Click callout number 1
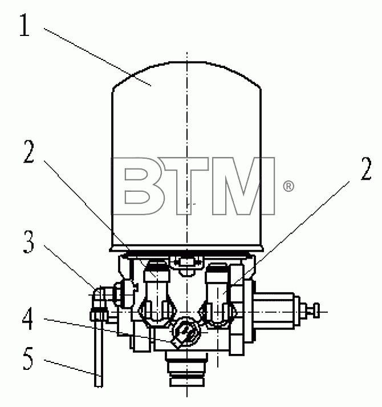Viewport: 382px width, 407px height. pos(25,25)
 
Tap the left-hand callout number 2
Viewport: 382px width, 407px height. pos(29,151)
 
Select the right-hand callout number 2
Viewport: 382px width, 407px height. pos(366,168)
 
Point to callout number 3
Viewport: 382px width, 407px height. pos(29,241)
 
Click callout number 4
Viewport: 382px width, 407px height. pos(28,318)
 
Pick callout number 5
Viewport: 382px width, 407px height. pos(28,358)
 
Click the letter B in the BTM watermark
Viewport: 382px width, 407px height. pos(138,186)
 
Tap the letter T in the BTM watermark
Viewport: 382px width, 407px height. pos(186,186)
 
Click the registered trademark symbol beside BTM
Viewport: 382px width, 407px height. pos(288,186)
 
